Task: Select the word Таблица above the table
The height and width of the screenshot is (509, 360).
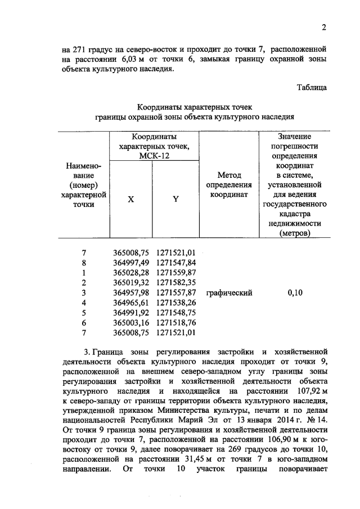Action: click(311, 87)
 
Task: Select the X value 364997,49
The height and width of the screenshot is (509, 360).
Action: click(130, 263)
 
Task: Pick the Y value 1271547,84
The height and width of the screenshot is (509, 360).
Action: click(176, 263)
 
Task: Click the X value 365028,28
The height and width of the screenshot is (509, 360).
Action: click(130, 273)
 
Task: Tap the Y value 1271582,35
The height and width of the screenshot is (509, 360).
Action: click(176, 282)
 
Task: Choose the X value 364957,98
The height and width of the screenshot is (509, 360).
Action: click(130, 292)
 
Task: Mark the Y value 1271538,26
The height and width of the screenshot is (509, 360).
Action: click(176, 303)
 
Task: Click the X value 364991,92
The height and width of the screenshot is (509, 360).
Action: click(130, 313)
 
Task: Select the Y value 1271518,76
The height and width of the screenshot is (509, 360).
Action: click(176, 323)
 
